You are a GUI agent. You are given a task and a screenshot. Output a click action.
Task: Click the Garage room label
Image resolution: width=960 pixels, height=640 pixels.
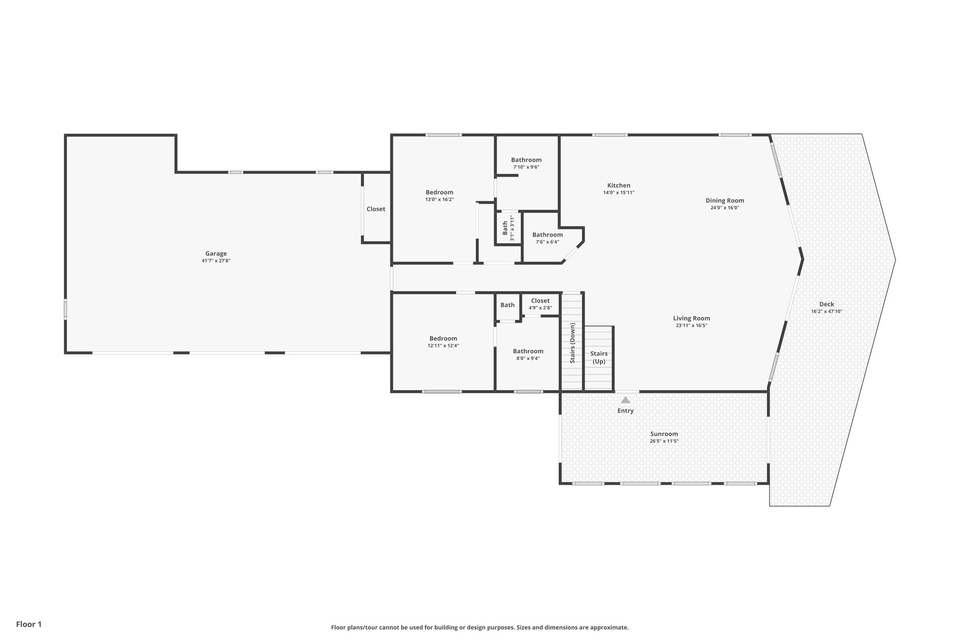216,254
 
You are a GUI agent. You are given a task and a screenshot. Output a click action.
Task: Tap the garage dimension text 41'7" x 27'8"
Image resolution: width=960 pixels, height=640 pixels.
216,261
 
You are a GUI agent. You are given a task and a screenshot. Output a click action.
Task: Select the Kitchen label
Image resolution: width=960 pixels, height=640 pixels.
619,185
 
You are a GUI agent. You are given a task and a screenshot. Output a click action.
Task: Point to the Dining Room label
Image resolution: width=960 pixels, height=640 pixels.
725,200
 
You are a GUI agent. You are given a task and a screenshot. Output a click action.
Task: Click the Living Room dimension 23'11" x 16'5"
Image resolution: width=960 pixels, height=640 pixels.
691,325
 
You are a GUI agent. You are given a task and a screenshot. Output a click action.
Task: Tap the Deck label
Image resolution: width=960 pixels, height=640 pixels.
826,304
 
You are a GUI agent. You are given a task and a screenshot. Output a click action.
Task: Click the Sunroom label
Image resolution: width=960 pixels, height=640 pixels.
664,434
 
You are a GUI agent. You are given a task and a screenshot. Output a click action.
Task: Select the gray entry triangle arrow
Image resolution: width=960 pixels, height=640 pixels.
625,400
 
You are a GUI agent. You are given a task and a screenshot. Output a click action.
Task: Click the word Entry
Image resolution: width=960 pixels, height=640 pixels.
625,411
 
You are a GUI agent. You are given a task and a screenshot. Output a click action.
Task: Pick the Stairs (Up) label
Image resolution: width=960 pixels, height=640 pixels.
599,357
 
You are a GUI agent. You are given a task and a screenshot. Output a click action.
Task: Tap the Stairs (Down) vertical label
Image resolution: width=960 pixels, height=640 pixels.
572,343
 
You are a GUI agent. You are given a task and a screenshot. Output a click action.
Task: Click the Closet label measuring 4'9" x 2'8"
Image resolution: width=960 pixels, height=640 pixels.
540,301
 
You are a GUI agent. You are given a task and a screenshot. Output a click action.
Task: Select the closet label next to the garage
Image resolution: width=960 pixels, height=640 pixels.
375,209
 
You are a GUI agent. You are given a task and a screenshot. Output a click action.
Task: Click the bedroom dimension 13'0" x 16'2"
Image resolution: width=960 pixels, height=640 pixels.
439,199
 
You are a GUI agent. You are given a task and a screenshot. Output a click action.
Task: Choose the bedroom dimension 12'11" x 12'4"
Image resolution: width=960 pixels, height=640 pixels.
443,346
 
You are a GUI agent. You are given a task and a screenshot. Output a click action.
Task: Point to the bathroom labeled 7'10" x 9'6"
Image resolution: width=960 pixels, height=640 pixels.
526,160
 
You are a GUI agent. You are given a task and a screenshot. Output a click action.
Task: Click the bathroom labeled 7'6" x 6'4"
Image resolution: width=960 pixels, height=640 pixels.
547,234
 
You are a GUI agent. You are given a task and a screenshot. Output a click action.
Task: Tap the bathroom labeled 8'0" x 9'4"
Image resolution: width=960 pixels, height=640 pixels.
528,351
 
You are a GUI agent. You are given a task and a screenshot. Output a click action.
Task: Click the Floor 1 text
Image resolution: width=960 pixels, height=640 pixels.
29,624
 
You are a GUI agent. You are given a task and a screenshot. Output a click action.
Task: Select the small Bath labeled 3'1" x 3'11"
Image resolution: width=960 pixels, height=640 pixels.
505,228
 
